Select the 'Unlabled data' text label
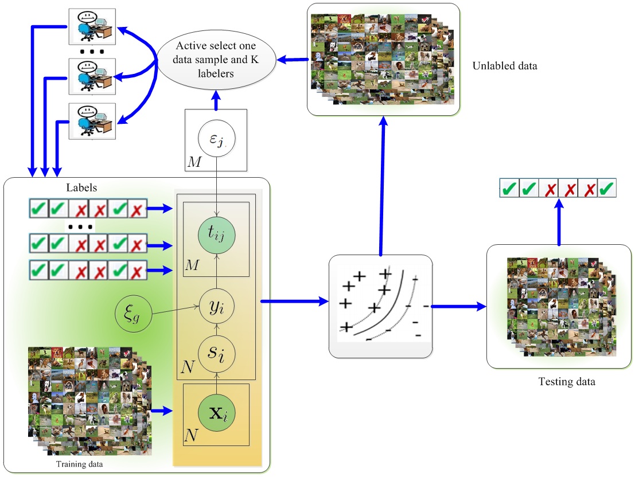point(505,66)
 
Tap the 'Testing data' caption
point(567,382)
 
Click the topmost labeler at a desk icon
point(92,26)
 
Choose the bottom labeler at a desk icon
point(92,121)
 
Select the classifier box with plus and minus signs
point(380,305)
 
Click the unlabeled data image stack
point(383,57)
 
